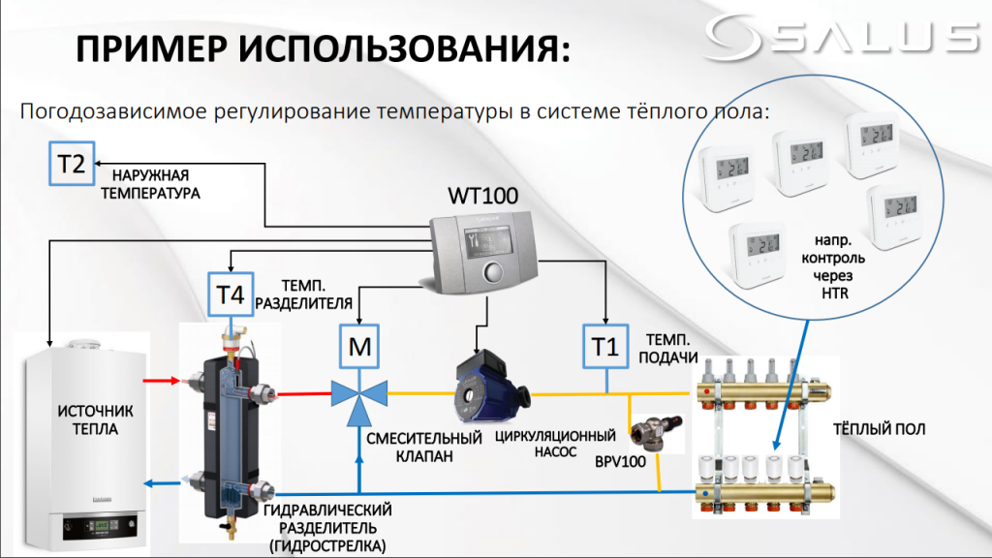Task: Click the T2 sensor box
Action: (71, 163)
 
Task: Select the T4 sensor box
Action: (229, 294)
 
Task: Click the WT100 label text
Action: (481, 196)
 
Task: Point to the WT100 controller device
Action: (481, 254)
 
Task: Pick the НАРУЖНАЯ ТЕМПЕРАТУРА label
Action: (156, 184)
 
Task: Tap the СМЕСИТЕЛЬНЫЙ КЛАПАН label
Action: (424, 448)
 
